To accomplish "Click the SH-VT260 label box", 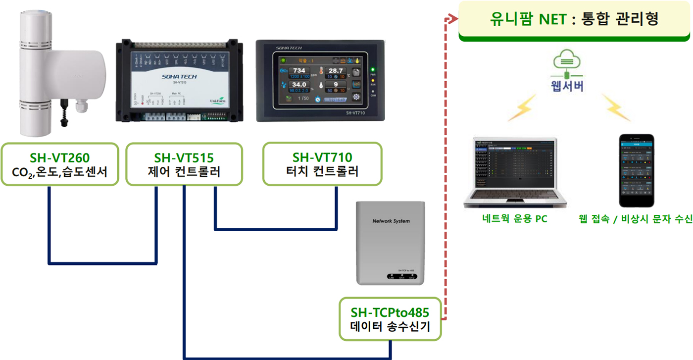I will (x=59, y=164).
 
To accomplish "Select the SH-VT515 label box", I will (x=184, y=164).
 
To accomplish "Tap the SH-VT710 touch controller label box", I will (x=322, y=164).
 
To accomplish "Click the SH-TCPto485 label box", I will (x=390, y=319).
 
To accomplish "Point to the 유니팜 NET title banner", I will (x=574, y=20).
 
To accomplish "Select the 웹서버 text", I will (x=567, y=86).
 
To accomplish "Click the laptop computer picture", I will (x=515, y=172).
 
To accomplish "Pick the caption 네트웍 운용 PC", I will (x=515, y=218).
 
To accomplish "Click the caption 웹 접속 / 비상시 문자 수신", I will (x=636, y=218).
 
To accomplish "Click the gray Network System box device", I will (x=391, y=243).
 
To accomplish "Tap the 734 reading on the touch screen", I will (x=299, y=71).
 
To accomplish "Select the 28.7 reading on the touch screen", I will (x=336, y=71).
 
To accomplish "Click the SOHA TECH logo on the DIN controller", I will (x=179, y=77).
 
